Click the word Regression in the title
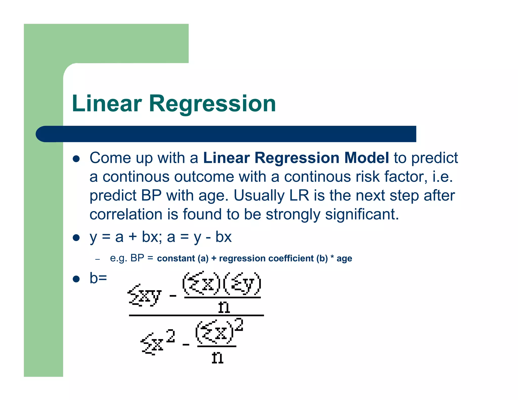(x=212, y=103)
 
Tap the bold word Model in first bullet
(x=366, y=158)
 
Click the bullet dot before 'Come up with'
(x=76, y=159)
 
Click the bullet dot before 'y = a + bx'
(x=76, y=238)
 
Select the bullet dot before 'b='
(x=76, y=279)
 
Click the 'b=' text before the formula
(x=98, y=278)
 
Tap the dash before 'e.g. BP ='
(x=98, y=259)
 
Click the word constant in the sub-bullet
(x=176, y=258)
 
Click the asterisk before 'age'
(x=332, y=257)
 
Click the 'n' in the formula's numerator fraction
(x=224, y=307)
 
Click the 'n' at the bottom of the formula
(x=217, y=358)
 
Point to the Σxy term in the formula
(x=144, y=295)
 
